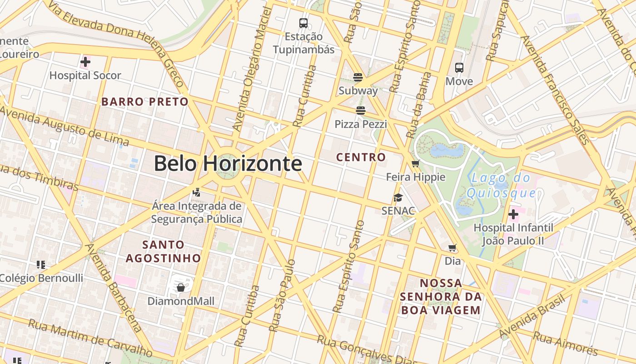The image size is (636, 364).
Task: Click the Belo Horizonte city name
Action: tap(228, 163)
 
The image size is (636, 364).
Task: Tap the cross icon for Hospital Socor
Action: tap(85, 62)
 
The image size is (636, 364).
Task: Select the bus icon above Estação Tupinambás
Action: tap(303, 23)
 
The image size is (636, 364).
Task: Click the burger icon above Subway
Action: tap(358, 77)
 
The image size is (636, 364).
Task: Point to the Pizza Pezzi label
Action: tap(361, 124)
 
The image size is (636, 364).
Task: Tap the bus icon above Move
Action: tap(459, 68)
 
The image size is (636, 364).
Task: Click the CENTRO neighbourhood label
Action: tap(361, 157)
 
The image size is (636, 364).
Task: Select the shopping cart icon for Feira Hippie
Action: tap(415, 164)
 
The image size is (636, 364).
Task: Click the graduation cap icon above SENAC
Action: tap(398, 197)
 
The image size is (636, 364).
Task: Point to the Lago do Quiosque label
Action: tap(501, 185)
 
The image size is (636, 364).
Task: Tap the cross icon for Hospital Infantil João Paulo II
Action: tap(513, 214)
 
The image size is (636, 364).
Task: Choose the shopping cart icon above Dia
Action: tap(452, 248)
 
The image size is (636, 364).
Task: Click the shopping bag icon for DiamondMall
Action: tap(181, 288)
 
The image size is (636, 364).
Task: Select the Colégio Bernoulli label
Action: tap(41, 278)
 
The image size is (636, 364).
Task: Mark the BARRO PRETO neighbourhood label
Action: tap(145, 101)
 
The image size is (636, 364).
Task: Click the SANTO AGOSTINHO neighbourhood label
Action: tap(163, 251)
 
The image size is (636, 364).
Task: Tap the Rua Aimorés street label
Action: tap(565, 343)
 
